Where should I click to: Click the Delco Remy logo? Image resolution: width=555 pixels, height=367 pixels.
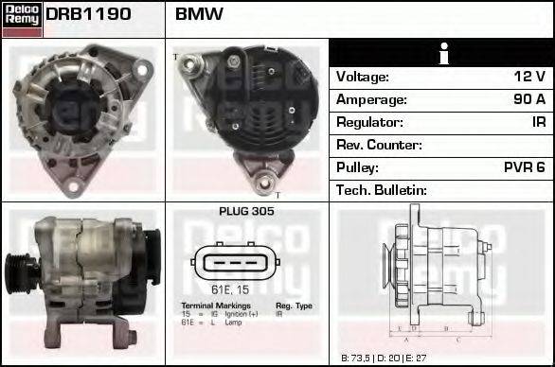click(22, 18)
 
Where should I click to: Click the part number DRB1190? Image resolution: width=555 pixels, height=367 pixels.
click(88, 14)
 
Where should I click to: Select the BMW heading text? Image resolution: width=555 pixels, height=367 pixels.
click(200, 14)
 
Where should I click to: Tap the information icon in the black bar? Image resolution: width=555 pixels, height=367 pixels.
click(441, 53)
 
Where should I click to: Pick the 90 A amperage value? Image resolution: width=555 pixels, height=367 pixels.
click(528, 99)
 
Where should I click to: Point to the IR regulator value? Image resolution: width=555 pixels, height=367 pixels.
click(538, 122)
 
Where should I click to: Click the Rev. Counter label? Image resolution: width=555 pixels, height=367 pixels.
click(380, 145)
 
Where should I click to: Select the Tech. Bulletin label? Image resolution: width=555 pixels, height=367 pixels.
click(382, 190)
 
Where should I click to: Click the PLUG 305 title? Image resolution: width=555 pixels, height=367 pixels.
click(246, 212)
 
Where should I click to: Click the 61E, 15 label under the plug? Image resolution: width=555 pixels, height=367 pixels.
click(229, 288)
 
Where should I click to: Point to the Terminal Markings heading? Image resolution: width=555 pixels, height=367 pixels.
click(216, 306)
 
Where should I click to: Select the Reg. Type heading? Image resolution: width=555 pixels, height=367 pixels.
click(294, 306)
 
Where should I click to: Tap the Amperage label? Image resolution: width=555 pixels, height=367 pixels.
click(372, 99)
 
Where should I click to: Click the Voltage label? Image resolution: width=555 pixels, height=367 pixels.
click(363, 77)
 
